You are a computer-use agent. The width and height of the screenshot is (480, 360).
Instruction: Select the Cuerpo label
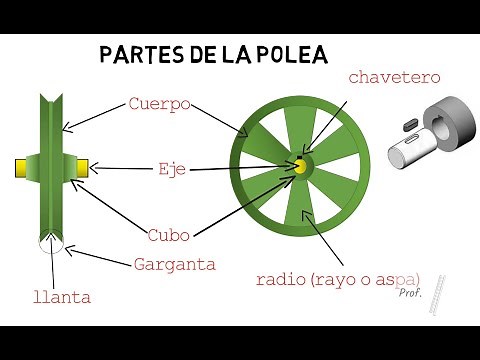(x=160, y=103)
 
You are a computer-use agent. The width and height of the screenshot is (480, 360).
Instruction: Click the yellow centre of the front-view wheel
(x=299, y=167)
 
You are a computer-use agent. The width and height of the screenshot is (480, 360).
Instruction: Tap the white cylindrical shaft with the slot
(x=404, y=151)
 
